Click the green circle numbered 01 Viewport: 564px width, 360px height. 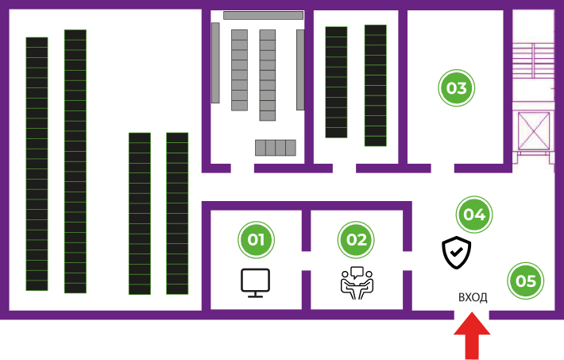click(256, 239)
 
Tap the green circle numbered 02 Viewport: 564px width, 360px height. click(357, 239)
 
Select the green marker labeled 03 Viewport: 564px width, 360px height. click(456, 87)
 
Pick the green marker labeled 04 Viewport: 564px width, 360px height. click(474, 214)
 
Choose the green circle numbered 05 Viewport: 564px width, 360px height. click(525, 280)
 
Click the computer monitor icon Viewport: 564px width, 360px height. click(256, 283)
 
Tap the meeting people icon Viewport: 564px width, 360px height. click(357, 283)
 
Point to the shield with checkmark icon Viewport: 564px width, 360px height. click(457, 253)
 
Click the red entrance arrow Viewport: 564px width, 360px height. click(473, 337)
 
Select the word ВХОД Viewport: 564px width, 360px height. click(473, 297)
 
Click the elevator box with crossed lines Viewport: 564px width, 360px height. click(534, 131)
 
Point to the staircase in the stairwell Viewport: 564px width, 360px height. click(534, 72)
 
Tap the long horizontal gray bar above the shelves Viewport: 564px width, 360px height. click(263, 15)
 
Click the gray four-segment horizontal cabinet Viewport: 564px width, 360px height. click(275, 148)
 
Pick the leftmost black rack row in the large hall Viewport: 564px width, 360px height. click(37, 164)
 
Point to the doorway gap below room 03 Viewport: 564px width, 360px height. click(442, 168)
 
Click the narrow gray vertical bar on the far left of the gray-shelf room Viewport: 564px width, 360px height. click(215, 63)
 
